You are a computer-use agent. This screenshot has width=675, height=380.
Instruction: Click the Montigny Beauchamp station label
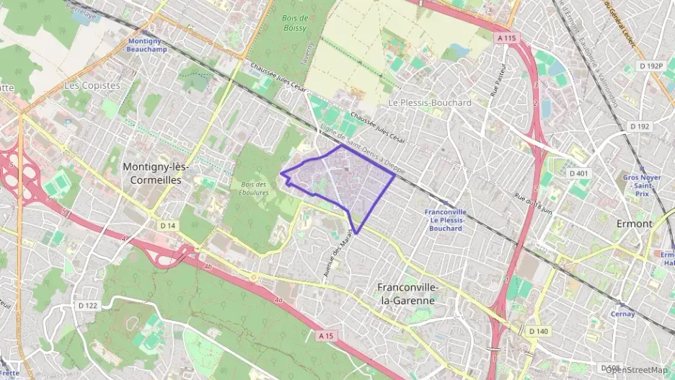point(147,45)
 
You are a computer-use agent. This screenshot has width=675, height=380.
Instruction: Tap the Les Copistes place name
point(92,85)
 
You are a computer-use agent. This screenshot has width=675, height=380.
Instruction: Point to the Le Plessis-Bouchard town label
point(429,102)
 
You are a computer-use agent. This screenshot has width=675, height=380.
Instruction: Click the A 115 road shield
point(507,37)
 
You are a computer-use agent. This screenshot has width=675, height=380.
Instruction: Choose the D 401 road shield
point(579,173)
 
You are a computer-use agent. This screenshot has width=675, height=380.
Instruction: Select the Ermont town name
point(634,224)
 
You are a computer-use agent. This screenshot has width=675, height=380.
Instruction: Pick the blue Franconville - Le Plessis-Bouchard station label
point(446,220)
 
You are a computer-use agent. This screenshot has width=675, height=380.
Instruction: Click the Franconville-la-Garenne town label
point(407,293)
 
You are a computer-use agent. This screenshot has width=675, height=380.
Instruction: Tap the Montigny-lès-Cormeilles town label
point(156,173)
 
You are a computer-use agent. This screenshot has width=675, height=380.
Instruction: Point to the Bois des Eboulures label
point(254,189)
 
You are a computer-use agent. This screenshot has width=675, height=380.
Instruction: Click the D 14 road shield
point(167,226)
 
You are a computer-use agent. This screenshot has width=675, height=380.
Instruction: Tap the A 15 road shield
point(326,335)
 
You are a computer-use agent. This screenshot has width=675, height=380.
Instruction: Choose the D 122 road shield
point(87,306)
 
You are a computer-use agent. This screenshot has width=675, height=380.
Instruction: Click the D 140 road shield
point(538,331)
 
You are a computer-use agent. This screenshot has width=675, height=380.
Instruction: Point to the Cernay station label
point(622,314)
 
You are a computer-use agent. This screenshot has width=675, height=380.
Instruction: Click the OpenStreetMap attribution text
point(636,369)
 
